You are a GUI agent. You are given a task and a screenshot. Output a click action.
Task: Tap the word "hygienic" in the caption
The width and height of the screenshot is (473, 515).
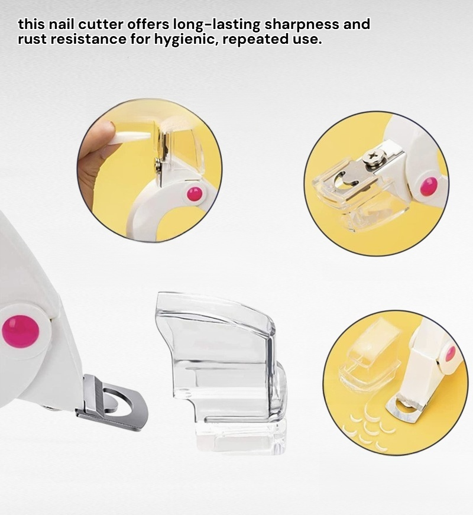185,40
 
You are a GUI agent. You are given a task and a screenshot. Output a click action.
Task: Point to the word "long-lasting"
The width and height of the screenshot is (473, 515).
216,25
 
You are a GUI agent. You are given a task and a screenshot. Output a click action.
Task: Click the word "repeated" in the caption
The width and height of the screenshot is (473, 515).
256,40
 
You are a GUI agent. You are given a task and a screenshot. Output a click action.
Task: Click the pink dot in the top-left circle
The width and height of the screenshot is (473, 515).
195,195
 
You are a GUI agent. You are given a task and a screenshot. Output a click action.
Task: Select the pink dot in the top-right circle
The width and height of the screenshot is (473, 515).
429,187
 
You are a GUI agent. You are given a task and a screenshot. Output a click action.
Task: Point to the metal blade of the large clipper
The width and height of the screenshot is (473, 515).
112,402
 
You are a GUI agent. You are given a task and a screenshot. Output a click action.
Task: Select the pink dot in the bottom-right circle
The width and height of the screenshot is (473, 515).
451,354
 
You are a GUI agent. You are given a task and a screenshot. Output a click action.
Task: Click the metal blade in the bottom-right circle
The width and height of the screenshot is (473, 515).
406,410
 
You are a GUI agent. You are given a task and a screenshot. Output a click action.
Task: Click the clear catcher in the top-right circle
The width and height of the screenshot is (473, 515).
351,194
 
